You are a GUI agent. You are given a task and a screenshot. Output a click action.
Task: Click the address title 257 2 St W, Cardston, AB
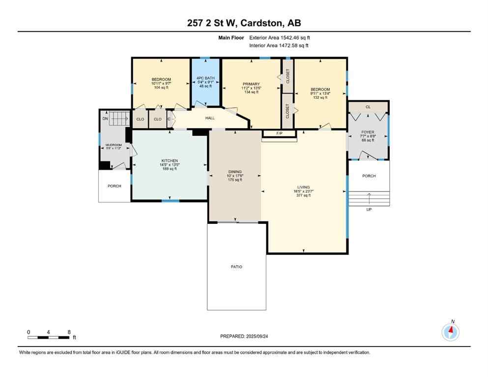point(244,23)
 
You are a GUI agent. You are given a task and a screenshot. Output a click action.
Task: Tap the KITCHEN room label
point(169,161)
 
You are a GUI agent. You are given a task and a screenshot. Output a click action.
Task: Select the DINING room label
point(234,172)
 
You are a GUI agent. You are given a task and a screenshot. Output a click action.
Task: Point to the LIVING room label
point(303,187)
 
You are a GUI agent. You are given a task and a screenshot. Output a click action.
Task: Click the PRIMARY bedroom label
point(251,84)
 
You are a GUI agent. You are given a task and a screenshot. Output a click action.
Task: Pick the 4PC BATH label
point(205,78)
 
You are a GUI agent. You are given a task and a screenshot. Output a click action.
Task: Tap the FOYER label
point(368,132)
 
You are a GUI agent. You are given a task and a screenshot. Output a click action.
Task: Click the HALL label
point(210,118)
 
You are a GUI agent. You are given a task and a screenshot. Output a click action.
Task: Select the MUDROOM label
point(114,145)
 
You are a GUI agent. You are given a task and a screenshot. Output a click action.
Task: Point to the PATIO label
point(237,267)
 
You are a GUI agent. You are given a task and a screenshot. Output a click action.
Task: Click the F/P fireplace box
point(279,134)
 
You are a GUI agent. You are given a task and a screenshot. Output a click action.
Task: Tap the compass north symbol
point(450,332)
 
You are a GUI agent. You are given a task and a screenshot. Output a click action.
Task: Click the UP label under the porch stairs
point(369,209)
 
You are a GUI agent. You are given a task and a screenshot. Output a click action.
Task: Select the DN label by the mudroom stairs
point(105,118)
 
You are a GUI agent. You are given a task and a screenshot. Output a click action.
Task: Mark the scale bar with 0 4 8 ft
point(48,336)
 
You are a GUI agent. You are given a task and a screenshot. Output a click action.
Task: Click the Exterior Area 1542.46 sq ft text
point(280,37)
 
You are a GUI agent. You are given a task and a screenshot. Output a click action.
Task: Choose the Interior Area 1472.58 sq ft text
point(280,46)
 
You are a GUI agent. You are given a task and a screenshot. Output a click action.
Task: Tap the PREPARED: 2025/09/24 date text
point(244,336)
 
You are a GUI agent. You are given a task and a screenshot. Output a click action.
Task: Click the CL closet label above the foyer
point(368,107)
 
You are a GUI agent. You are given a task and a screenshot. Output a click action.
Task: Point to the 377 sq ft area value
point(303,195)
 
